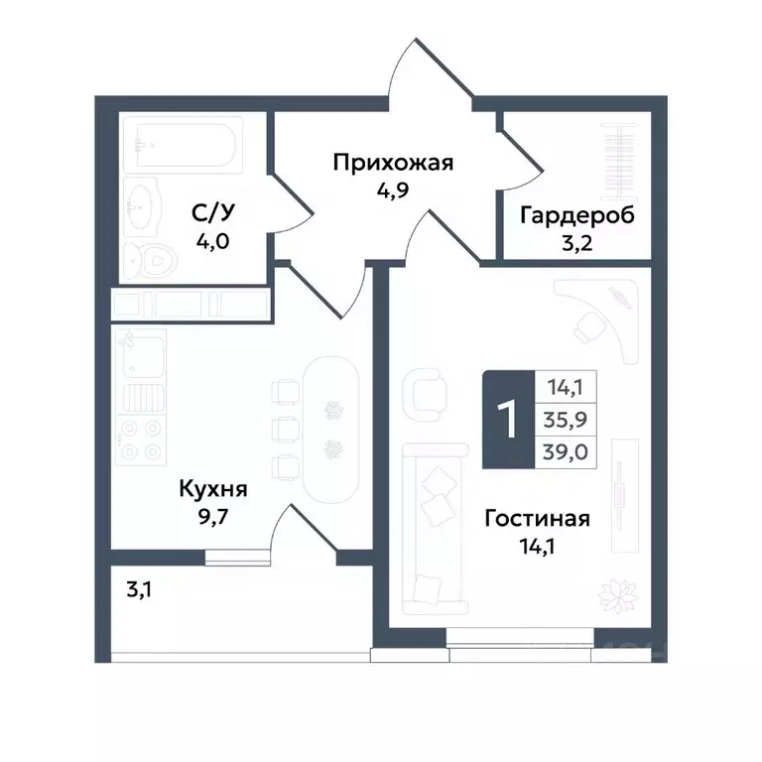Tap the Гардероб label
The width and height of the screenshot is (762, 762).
tap(576, 215)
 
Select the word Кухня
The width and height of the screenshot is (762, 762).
tap(212, 489)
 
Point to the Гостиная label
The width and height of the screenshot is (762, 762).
tap(538, 518)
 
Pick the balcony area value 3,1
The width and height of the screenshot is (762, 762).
tap(140, 592)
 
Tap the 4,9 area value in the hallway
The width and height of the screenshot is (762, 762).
tap(393, 190)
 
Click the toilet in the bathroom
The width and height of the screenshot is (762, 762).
tap(154, 260)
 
